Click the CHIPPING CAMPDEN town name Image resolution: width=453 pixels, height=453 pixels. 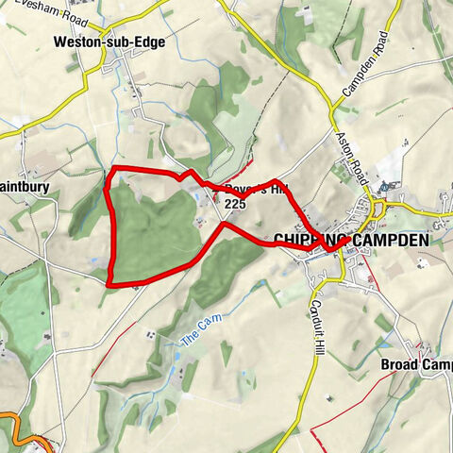point(350,241)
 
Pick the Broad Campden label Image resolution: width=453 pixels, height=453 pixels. point(416,364)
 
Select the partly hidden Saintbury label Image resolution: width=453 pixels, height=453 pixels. point(24,187)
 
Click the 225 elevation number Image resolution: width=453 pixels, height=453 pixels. point(235,203)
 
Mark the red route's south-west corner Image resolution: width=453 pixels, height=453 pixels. point(109,282)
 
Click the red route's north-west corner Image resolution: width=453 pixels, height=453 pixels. point(115,169)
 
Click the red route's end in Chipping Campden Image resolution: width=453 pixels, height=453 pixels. point(347,241)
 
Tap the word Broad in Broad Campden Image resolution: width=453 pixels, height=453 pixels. point(398,364)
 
